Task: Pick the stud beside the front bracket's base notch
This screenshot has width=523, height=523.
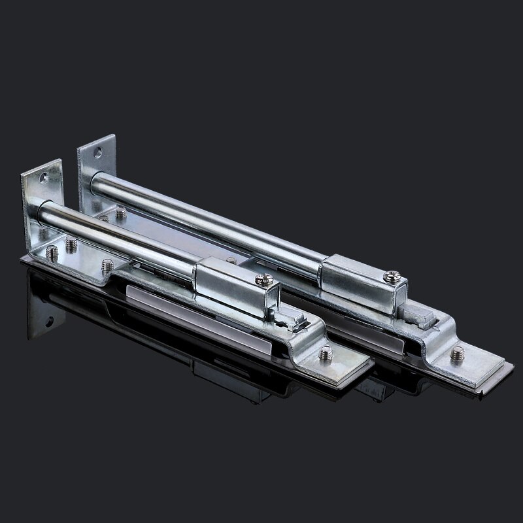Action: (x=106, y=266)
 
